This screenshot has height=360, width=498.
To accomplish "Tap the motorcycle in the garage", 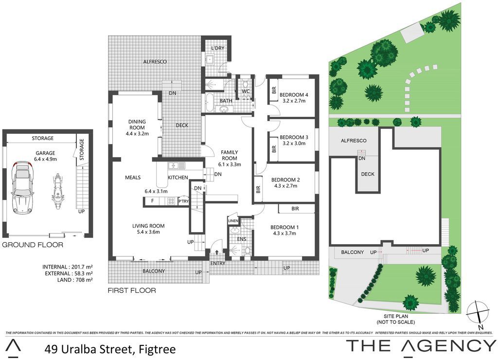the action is coord(57,191).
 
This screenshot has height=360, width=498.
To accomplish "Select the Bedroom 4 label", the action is coord(294,95).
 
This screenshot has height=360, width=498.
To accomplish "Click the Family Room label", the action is coord(230,155).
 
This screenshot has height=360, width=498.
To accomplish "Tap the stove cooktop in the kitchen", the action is coord(172,201).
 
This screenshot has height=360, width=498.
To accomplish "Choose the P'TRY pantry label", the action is coord(183,201).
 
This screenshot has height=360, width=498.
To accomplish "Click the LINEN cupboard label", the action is coord(233,221).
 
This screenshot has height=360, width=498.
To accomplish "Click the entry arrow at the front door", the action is coord(217,252).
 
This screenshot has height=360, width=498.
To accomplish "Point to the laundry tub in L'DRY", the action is coord(210,59).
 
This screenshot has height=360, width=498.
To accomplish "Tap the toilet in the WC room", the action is coord(245,85).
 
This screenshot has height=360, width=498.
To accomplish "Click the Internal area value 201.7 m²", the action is coord(81,267).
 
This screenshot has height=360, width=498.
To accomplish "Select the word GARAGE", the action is coord(45,153).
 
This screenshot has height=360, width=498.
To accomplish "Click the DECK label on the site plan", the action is coord(368,174).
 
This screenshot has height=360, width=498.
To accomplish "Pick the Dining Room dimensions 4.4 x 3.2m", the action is coord(137,133).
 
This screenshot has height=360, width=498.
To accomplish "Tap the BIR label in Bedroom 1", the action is coord(295,209).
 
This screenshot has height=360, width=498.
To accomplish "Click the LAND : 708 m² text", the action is coord(75,280).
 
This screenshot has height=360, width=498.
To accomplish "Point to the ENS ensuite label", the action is coord(242,239).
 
